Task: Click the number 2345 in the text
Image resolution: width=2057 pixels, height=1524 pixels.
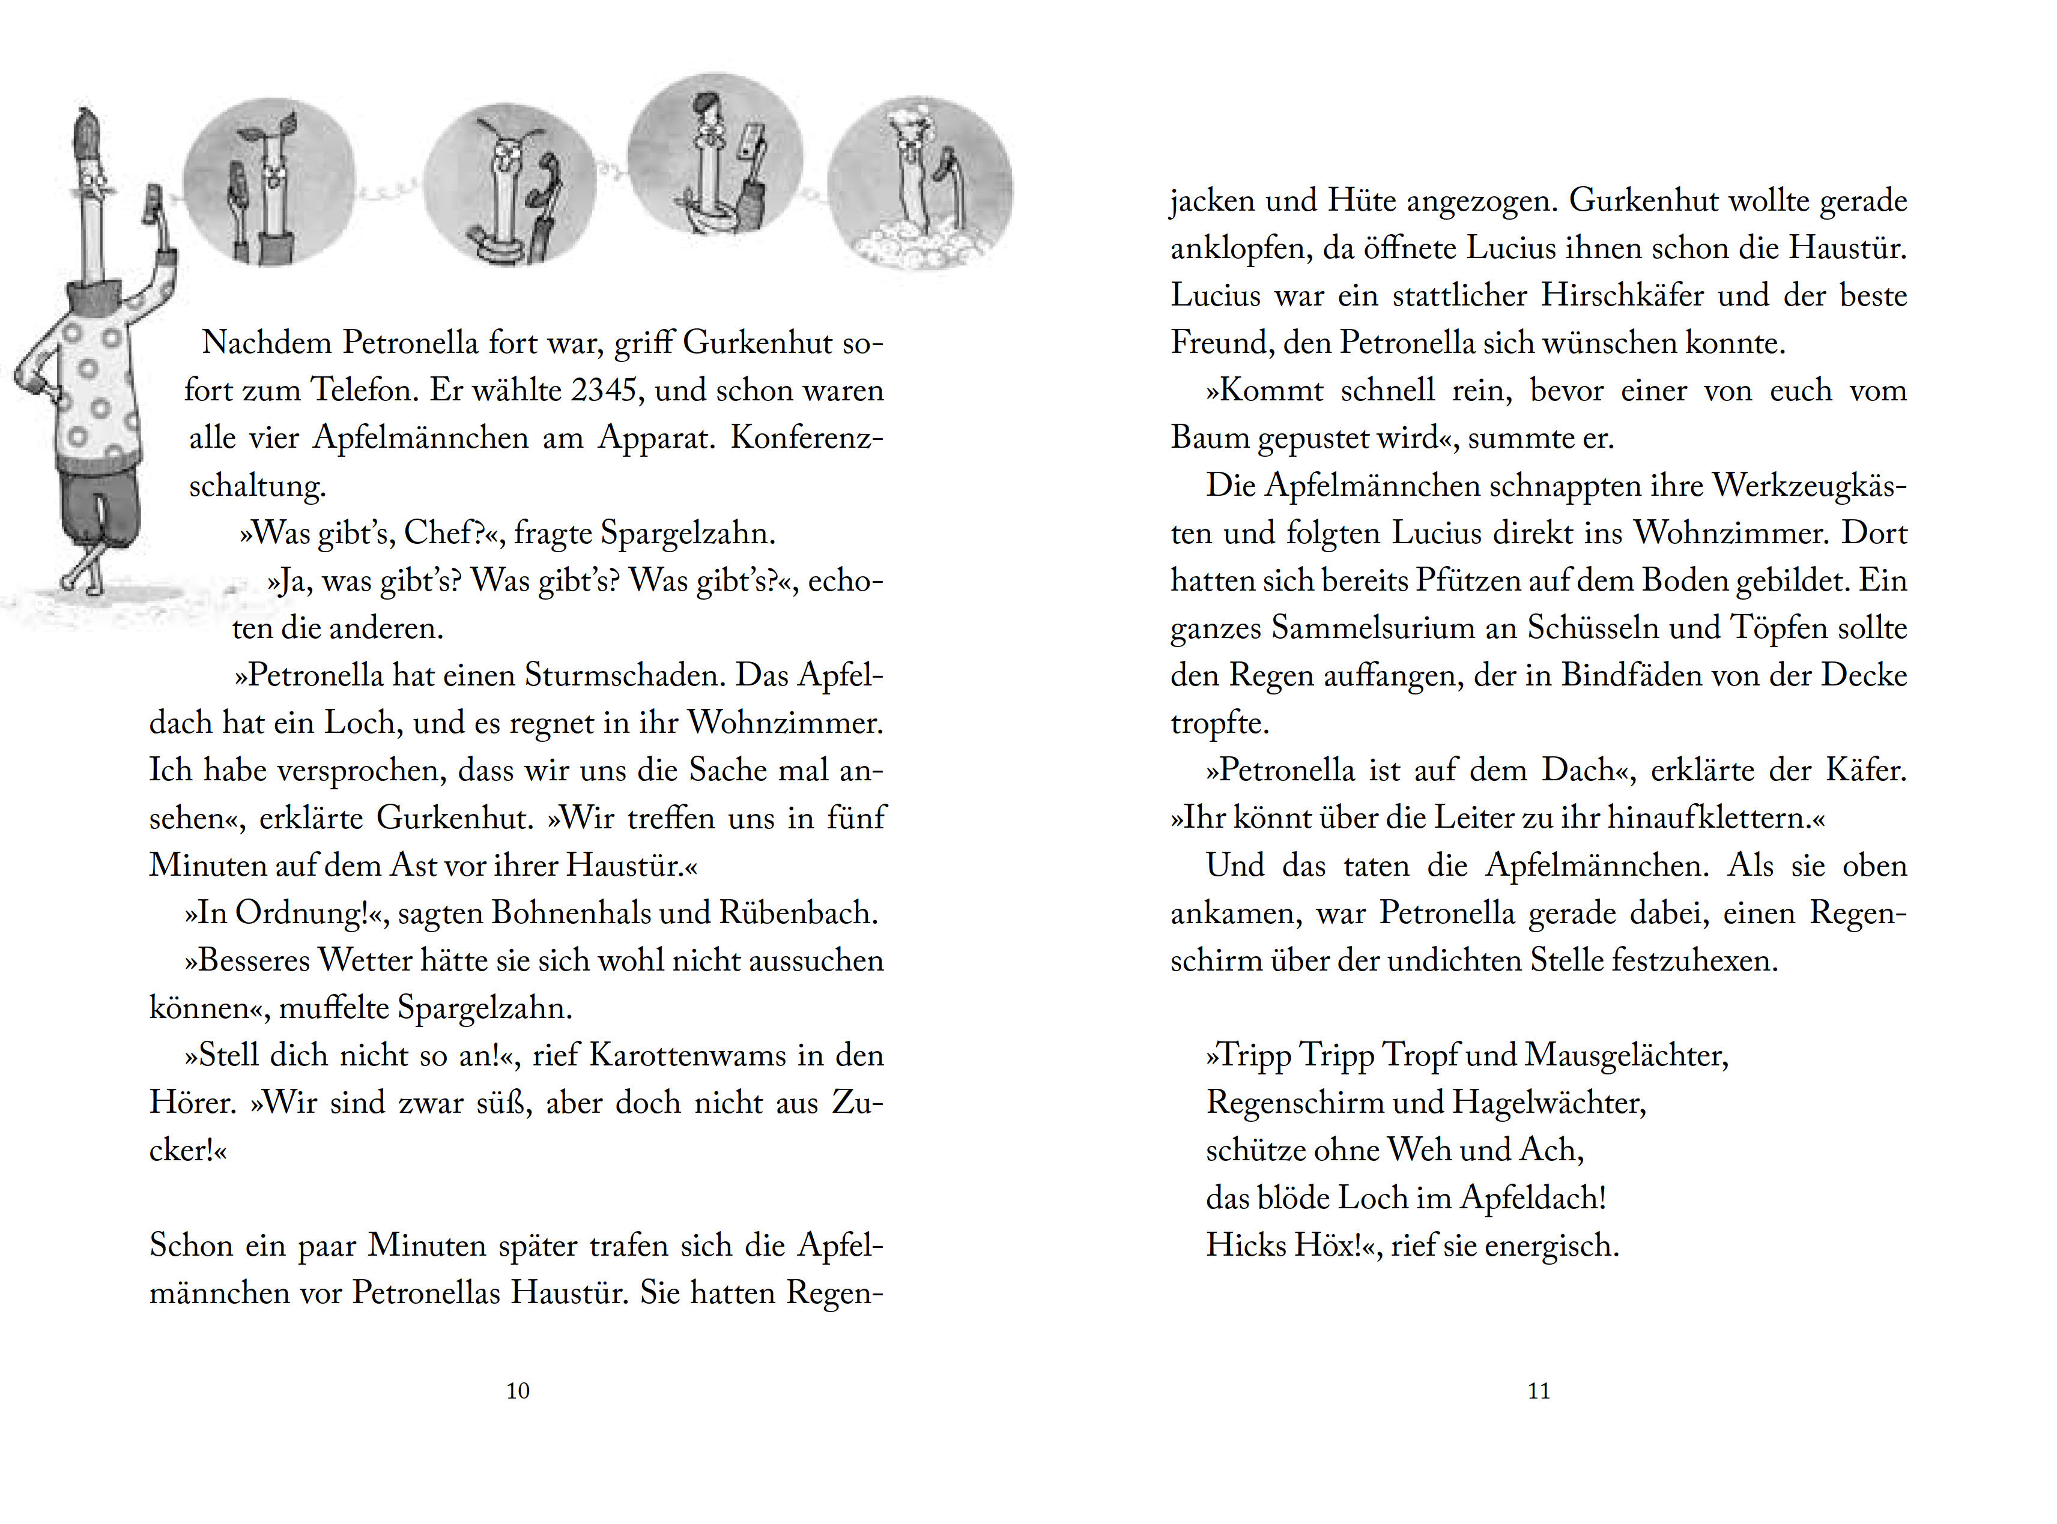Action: [x=604, y=390]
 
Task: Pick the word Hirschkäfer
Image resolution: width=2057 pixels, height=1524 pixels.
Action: [x=1622, y=296]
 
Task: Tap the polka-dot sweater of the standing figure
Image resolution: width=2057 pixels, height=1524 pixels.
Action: [x=92, y=388]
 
